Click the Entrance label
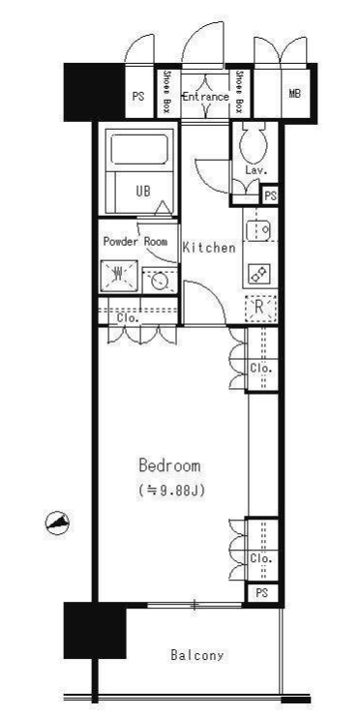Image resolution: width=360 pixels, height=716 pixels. tap(205, 97)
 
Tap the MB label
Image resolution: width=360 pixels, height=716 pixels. tap(294, 94)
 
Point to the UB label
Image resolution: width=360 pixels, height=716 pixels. tap(143, 192)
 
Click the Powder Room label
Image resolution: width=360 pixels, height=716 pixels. tap(135, 242)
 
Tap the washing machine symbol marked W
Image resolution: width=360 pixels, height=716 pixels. tap(119, 275)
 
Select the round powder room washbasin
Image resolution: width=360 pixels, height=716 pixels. tap(160, 282)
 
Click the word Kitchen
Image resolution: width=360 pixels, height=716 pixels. tap(209, 248)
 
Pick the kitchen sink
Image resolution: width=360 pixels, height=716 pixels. tap(258, 230)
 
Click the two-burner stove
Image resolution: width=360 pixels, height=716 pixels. tap(259, 274)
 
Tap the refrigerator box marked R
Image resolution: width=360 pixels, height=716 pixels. tap(260, 308)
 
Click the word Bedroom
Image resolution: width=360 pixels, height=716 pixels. tap(169, 465)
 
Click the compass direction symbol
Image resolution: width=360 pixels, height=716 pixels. tap(57, 522)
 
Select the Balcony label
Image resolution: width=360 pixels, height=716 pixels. tap(197, 656)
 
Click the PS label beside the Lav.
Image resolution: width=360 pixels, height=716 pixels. tap(270, 196)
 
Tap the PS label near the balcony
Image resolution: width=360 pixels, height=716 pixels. tap(261, 594)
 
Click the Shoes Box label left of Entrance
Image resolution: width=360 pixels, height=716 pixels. tap(166, 92)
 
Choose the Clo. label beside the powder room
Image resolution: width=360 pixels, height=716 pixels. tap(128, 318)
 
